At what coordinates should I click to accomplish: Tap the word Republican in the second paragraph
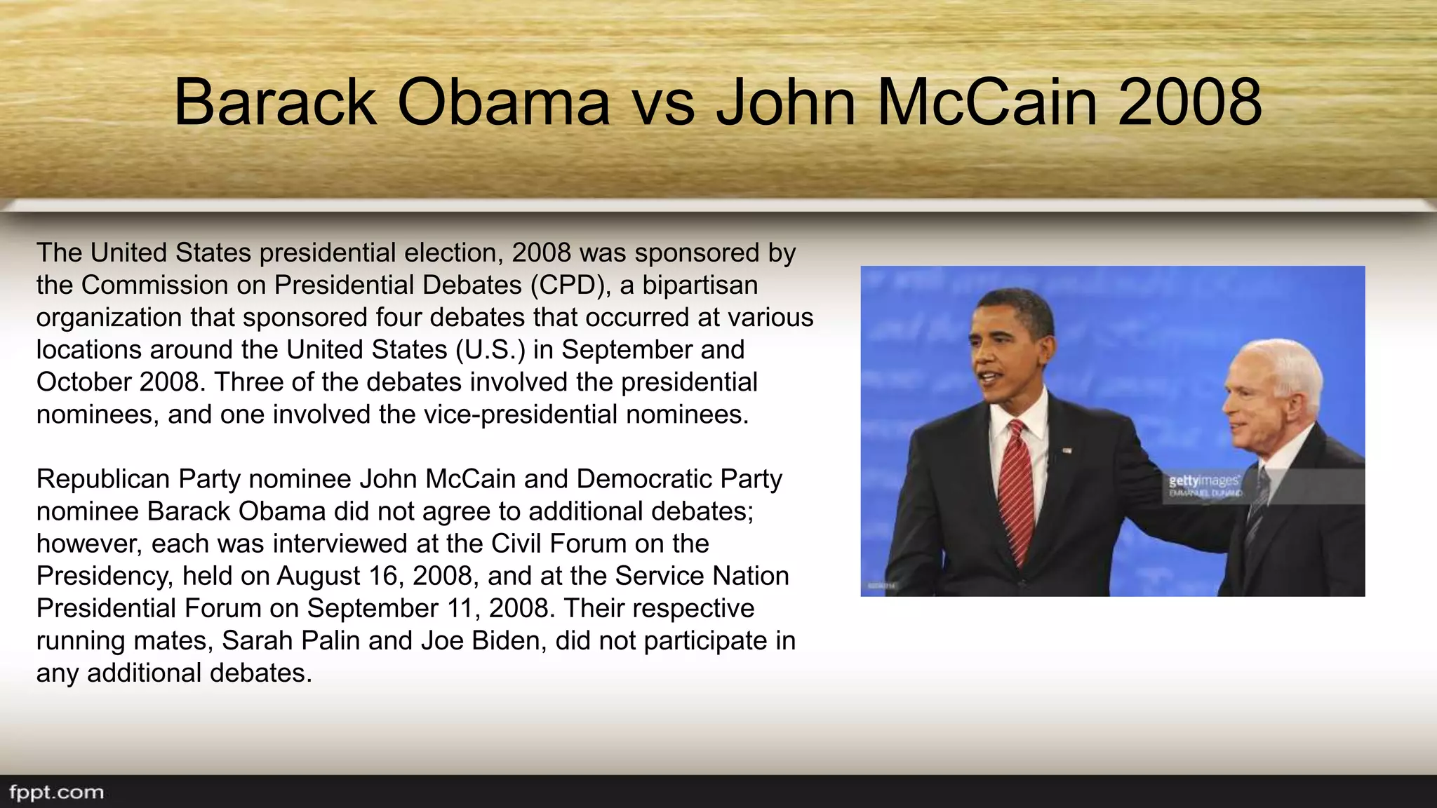(x=104, y=479)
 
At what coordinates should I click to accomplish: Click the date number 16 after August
(x=383, y=576)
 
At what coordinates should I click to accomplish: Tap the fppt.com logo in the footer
(x=56, y=793)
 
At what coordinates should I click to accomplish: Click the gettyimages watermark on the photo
(x=1203, y=481)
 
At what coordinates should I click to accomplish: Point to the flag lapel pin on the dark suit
(x=1067, y=450)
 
